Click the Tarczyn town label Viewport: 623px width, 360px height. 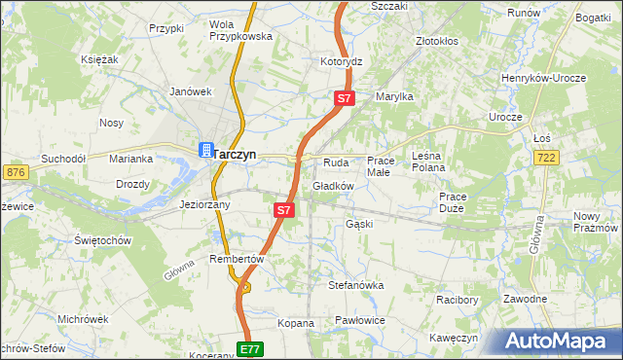tap(235, 153)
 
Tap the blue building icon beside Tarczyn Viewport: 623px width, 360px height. tap(205, 150)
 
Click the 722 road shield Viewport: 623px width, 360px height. tap(546, 158)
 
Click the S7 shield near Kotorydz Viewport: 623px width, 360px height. tap(345, 99)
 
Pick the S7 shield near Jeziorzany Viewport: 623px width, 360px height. tap(283, 209)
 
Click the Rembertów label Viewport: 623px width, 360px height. tap(237, 259)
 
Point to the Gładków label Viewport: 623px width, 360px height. tap(332, 186)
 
